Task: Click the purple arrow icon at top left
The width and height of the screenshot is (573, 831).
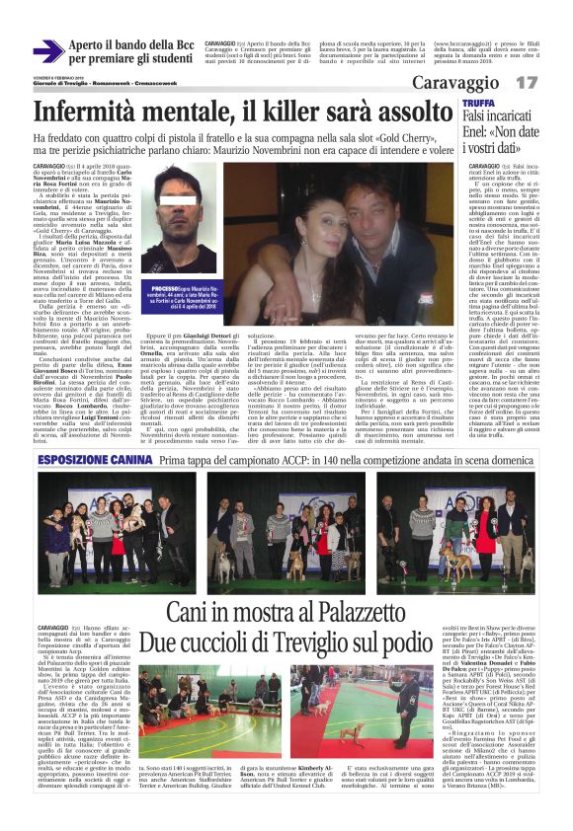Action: coord(48,50)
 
